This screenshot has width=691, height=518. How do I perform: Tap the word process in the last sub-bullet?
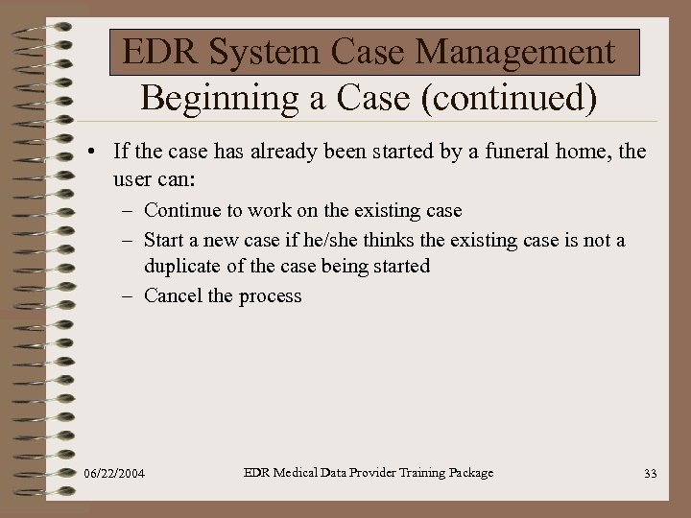pyautogui.click(x=270, y=296)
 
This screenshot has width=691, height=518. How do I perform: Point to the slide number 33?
pyautogui.click(x=651, y=474)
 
